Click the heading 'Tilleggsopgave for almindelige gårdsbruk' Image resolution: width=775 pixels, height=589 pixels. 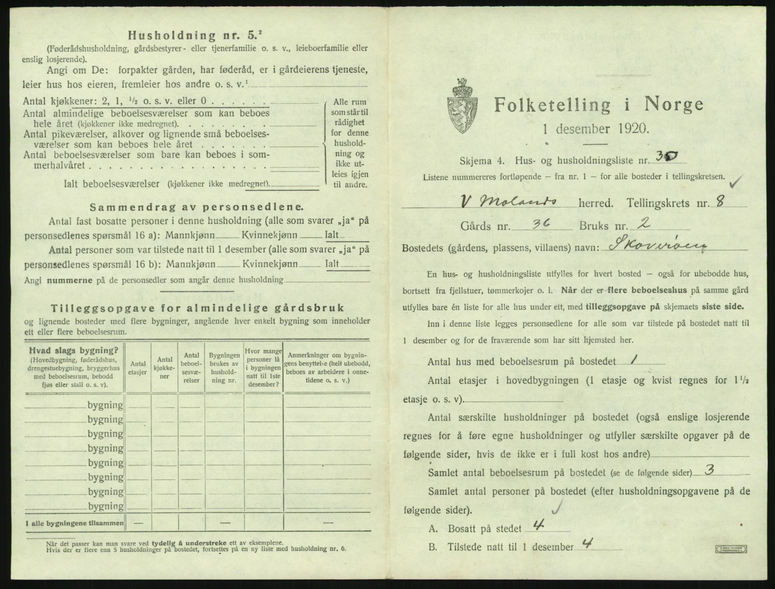coord(197,308)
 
